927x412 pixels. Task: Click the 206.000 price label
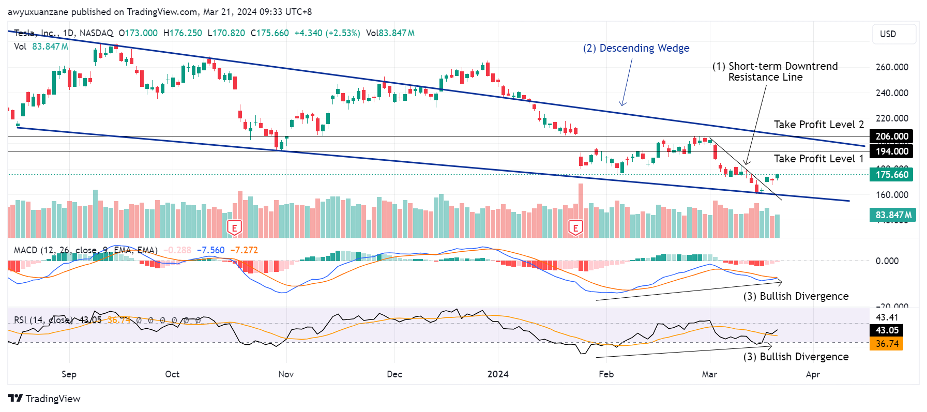[x=891, y=136]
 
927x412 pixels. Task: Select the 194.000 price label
[x=891, y=151]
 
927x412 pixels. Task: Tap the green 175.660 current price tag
[x=891, y=175]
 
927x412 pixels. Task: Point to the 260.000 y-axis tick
[x=892, y=67]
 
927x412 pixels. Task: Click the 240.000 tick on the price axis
[x=892, y=93]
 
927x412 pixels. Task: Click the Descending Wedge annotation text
[x=636, y=48]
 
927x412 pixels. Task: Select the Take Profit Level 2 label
[x=818, y=125]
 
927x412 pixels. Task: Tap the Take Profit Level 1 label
[x=818, y=159]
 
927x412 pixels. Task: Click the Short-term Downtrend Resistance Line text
[x=774, y=72]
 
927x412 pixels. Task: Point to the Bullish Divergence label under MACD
[x=796, y=296]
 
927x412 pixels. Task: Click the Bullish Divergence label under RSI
[x=796, y=357]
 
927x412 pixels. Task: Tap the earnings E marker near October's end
[x=234, y=228]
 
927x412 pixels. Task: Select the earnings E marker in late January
[x=575, y=228]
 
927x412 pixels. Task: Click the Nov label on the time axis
[x=286, y=374]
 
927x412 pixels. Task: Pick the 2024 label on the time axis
[x=498, y=374]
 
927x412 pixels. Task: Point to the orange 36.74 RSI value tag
[x=887, y=344]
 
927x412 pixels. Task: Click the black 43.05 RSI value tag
[x=887, y=330]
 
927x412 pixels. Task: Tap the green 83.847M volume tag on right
[x=893, y=215]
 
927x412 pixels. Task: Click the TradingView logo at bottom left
[x=44, y=399]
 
